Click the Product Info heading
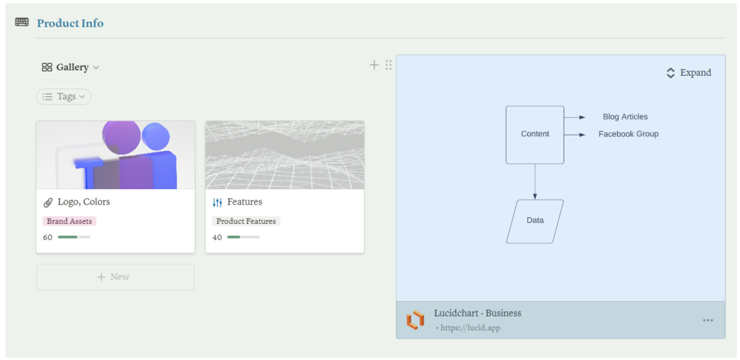pyautogui.click(x=70, y=24)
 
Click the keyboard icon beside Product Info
pyautogui.click(x=22, y=22)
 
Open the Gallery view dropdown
pyautogui.click(x=71, y=67)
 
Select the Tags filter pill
pyautogui.click(x=64, y=96)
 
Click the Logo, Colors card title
pyautogui.click(x=83, y=202)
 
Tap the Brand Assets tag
pyautogui.click(x=69, y=221)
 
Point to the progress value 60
pyautogui.click(x=48, y=237)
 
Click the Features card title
pyautogui.click(x=244, y=202)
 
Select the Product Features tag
pyautogui.click(x=246, y=221)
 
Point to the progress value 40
pyautogui.click(x=217, y=237)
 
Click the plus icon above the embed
pyautogui.click(x=374, y=65)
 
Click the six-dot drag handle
pyautogui.click(x=389, y=65)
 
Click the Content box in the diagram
pyautogui.click(x=535, y=134)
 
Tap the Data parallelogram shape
pyautogui.click(x=535, y=221)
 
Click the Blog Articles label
pyautogui.click(x=625, y=116)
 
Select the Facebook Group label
pyautogui.click(x=628, y=134)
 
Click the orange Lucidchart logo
pyautogui.click(x=415, y=320)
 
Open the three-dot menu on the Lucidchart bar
pyautogui.click(x=708, y=320)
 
